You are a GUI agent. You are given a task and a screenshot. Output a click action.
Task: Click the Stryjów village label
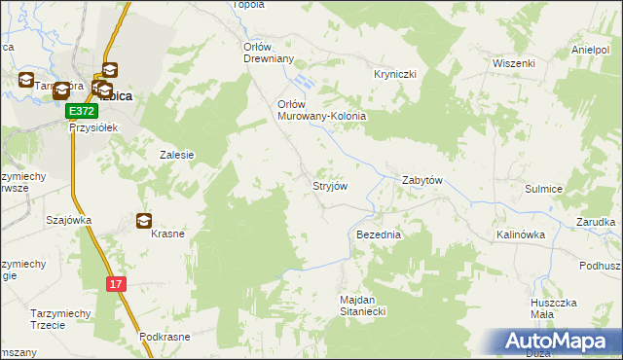pyautogui.click(x=329, y=185)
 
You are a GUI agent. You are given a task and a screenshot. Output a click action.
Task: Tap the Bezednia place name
pyautogui.click(x=379, y=235)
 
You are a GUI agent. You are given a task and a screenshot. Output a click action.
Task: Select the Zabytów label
pyautogui.click(x=423, y=181)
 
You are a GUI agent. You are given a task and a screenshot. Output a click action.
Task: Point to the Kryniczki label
pyautogui.click(x=395, y=74)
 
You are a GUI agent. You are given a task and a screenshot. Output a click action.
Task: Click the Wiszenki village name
pyautogui.click(x=514, y=63)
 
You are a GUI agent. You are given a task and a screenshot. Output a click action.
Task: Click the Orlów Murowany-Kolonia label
pyautogui.click(x=321, y=110)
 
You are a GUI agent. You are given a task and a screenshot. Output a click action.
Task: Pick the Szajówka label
pyautogui.click(x=68, y=220)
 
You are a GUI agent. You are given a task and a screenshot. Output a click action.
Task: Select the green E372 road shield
pyautogui.click(x=82, y=113)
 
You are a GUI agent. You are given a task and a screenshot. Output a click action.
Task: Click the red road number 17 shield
pyautogui.click(x=116, y=284)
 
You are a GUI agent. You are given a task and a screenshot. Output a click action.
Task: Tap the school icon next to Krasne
pyautogui.click(x=144, y=221)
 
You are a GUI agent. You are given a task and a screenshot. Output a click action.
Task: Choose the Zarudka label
pyautogui.click(x=595, y=222)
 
